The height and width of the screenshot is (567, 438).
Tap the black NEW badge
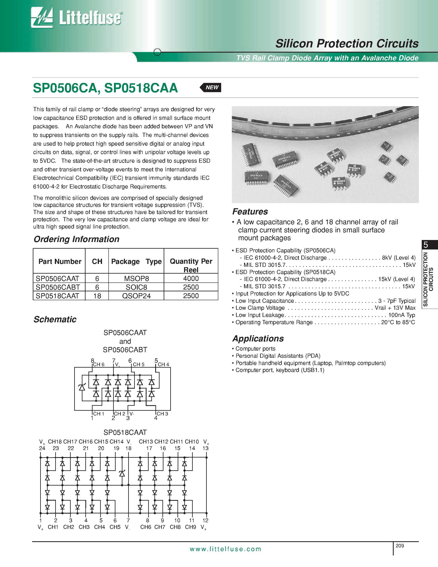211,87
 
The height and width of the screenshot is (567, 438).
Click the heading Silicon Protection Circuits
347,43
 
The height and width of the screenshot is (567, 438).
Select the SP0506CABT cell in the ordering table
58,287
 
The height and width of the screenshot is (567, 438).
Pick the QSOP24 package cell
136,296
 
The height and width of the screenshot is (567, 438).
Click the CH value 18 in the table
97,296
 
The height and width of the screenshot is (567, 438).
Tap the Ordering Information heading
76,239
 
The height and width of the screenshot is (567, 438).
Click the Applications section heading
258,339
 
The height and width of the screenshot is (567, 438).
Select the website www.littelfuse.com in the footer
225,549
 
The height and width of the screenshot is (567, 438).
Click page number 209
400,546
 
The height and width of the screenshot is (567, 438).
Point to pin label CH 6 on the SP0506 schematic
99,365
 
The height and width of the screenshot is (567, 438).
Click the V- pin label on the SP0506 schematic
132,414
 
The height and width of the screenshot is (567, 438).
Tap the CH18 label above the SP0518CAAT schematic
55,442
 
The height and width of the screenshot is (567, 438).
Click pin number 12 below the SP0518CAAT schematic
205,520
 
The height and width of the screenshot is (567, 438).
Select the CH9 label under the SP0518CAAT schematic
190,527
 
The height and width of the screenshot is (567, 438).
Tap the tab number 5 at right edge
426,245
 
